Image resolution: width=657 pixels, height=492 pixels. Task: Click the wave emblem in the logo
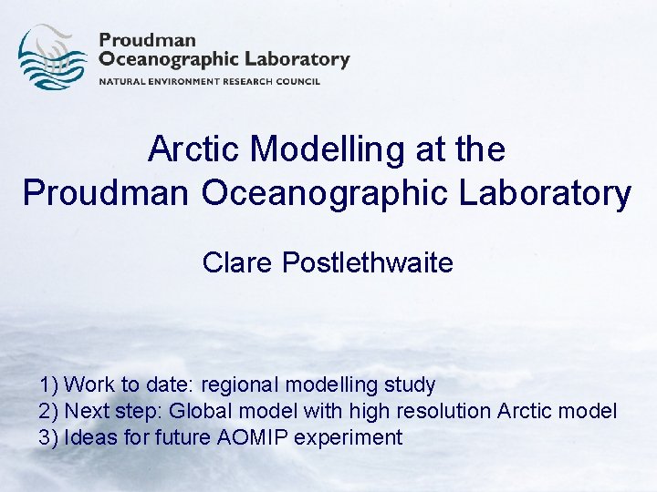point(52,57)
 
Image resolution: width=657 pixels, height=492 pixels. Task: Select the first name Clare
point(238,263)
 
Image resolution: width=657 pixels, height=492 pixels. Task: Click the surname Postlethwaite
point(368,263)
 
